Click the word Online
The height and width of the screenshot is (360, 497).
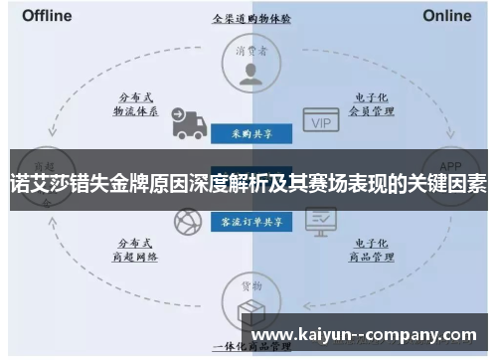[446, 16]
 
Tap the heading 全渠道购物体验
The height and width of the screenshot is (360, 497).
[250, 18]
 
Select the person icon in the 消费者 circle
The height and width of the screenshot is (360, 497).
[250, 73]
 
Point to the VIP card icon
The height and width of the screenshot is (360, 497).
[319, 120]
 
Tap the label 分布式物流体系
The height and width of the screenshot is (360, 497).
[136, 105]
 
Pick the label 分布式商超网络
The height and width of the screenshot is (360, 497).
[136, 249]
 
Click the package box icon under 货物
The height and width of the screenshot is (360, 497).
[250, 309]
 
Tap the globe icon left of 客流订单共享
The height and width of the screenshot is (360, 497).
[187, 222]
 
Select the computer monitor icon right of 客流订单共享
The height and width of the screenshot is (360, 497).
[319, 221]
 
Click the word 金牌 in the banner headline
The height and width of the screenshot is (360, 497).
[123, 181]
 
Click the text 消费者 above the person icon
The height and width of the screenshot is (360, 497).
[250, 48]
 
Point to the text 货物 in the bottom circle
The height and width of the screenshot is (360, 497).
[250, 285]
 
